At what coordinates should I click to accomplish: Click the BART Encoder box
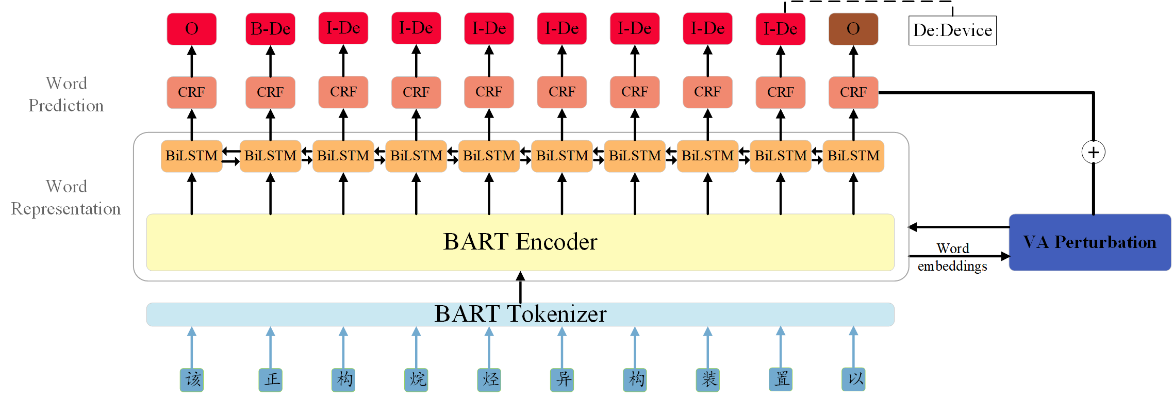coord(520,242)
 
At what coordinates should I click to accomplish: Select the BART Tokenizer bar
coord(520,314)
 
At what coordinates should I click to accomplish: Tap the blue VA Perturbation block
coord(1089,242)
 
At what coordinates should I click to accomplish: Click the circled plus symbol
coord(1093,152)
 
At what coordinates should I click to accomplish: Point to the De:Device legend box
coord(952,30)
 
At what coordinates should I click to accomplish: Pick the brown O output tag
coord(853,29)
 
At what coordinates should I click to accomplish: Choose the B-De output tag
coord(270,29)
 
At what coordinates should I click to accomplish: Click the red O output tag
coord(191,29)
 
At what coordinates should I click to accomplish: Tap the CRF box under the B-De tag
coord(270,92)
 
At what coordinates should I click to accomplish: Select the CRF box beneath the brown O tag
coord(853,92)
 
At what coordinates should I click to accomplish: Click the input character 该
coord(192,380)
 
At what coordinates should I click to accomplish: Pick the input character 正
coord(271,380)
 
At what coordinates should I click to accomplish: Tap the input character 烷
coord(416,380)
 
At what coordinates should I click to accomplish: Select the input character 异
coord(562,380)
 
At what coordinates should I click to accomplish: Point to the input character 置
coord(781,380)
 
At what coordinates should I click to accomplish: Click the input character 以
coord(853,380)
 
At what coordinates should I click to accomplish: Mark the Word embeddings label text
coord(952,257)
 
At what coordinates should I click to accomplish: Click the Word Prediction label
coord(66,94)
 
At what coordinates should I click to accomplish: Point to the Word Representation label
coord(66,197)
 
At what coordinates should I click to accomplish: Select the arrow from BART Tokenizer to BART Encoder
coord(520,287)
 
